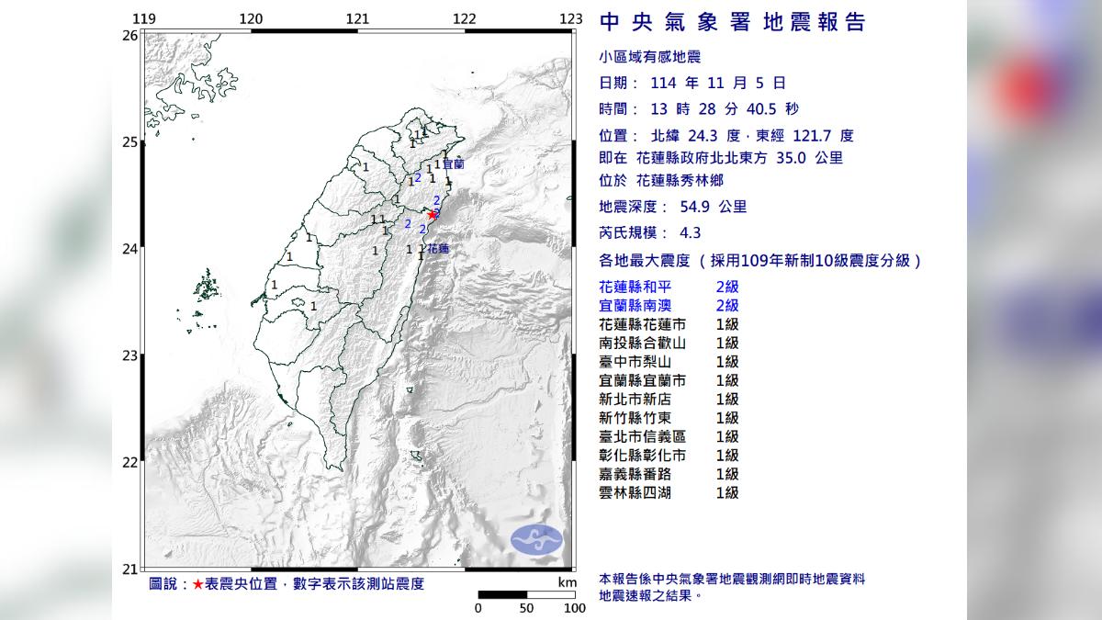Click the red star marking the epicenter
(x=433, y=215)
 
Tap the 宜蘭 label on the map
(x=453, y=164)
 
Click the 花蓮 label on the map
(x=438, y=248)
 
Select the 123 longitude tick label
(x=570, y=19)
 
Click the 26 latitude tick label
(x=129, y=35)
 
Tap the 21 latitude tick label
(x=129, y=569)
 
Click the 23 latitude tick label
(x=129, y=355)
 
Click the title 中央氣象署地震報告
(x=732, y=23)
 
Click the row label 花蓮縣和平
(x=642, y=287)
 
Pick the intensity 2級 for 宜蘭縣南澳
(x=727, y=306)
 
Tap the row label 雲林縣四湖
(x=642, y=493)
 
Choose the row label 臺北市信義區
(x=642, y=437)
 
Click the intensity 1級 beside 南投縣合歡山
(x=727, y=344)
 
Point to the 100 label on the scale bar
(x=575, y=607)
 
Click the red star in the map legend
(x=197, y=584)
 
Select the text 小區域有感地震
(x=649, y=57)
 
